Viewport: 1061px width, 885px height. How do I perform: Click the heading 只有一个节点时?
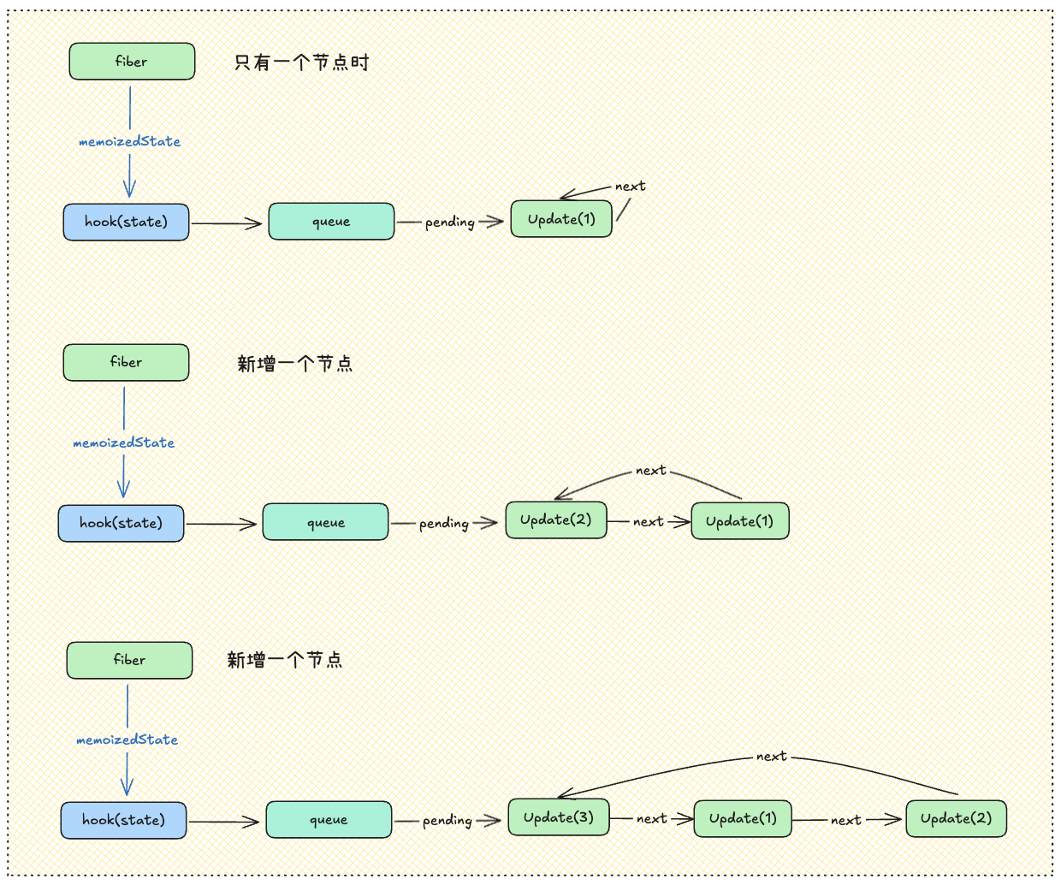[301, 62]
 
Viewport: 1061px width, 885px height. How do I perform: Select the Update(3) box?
[559, 817]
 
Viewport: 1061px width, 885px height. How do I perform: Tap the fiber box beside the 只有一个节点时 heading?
[132, 62]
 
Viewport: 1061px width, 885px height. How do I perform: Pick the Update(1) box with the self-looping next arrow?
[561, 219]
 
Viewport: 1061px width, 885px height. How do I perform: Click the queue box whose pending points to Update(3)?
[329, 820]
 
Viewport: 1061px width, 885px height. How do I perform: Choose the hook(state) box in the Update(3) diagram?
[123, 820]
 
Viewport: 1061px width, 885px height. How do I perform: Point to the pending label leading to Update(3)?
[447, 821]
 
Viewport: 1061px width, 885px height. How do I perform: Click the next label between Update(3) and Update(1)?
[651, 819]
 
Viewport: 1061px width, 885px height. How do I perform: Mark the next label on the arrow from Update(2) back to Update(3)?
[771, 757]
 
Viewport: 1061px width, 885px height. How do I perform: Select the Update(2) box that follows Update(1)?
[956, 818]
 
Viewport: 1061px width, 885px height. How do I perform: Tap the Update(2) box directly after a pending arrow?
[555, 520]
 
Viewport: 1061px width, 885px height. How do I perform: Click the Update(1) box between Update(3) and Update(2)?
[743, 818]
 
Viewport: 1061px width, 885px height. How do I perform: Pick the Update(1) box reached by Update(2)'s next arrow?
[739, 521]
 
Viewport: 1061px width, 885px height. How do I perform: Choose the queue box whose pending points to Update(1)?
[331, 222]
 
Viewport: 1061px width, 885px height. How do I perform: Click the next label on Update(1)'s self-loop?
[630, 187]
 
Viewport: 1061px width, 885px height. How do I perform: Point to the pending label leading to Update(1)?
[449, 223]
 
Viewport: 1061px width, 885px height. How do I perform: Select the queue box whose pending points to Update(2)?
[325, 522]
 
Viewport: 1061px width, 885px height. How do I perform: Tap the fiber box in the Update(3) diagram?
[129, 660]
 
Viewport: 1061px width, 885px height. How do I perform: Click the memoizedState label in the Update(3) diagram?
[127, 739]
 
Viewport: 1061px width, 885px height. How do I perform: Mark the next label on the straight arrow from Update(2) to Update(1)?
[648, 522]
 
